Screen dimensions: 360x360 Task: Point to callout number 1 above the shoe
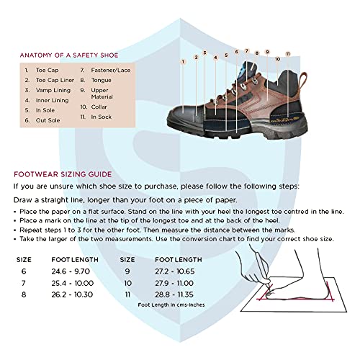183,62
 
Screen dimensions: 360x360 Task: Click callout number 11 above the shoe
287,54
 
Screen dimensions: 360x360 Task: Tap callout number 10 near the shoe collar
276,59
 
